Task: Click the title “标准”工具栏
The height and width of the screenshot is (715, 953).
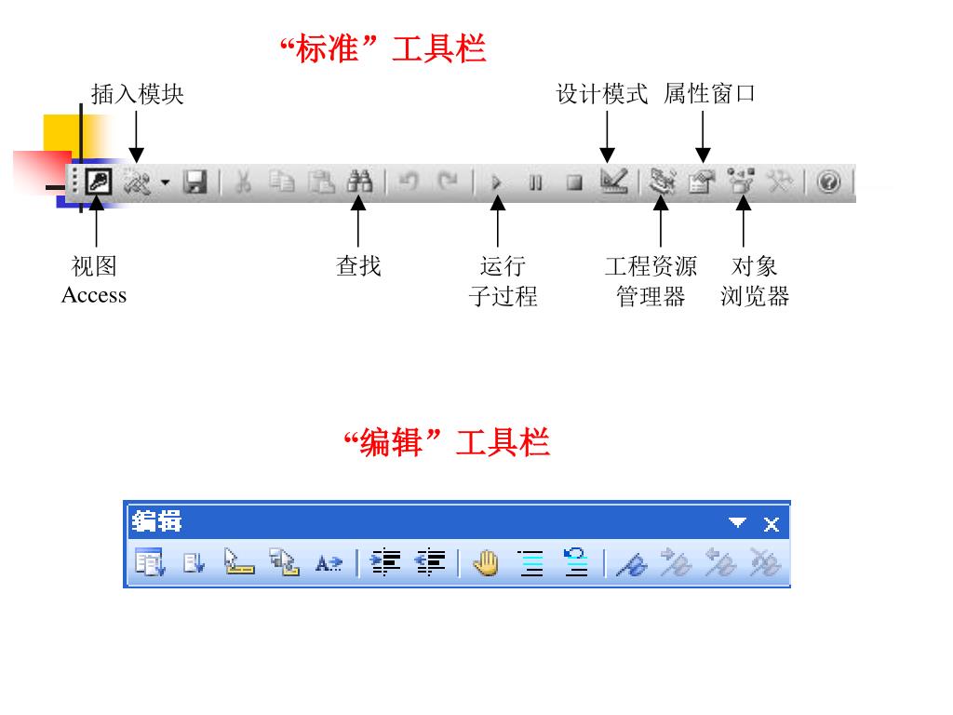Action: pyautogui.click(x=383, y=48)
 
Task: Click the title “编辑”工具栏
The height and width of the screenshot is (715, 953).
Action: pyautogui.click(x=447, y=441)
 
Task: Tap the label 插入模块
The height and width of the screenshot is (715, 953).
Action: pyautogui.click(x=138, y=94)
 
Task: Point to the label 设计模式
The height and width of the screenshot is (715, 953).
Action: pyautogui.click(x=602, y=94)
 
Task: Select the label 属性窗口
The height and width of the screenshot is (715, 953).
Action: pyautogui.click(x=709, y=94)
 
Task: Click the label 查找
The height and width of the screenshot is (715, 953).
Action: pyautogui.click(x=358, y=266)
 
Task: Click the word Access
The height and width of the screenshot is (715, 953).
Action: pyautogui.click(x=94, y=295)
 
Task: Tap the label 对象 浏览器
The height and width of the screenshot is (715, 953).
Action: pyautogui.click(x=755, y=281)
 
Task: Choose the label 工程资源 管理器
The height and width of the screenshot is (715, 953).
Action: pyautogui.click(x=651, y=281)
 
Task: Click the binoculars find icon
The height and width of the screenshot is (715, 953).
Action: pyautogui.click(x=358, y=182)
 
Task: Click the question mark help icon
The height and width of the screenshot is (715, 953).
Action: pyautogui.click(x=828, y=182)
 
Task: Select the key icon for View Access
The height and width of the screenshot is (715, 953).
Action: pyautogui.click(x=98, y=182)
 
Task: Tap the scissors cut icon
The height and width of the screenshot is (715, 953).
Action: pyautogui.click(x=244, y=182)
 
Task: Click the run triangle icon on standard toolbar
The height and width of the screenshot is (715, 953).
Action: pyautogui.click(x=497, y=182)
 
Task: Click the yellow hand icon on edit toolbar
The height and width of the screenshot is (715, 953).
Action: pyautogui.click(x=485, y=563)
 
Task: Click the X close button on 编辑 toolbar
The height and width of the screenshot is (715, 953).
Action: pyautogui.click(x=772, y=524)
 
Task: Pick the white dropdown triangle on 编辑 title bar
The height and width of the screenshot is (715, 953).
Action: pyautogui.click(x=738, y=523)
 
